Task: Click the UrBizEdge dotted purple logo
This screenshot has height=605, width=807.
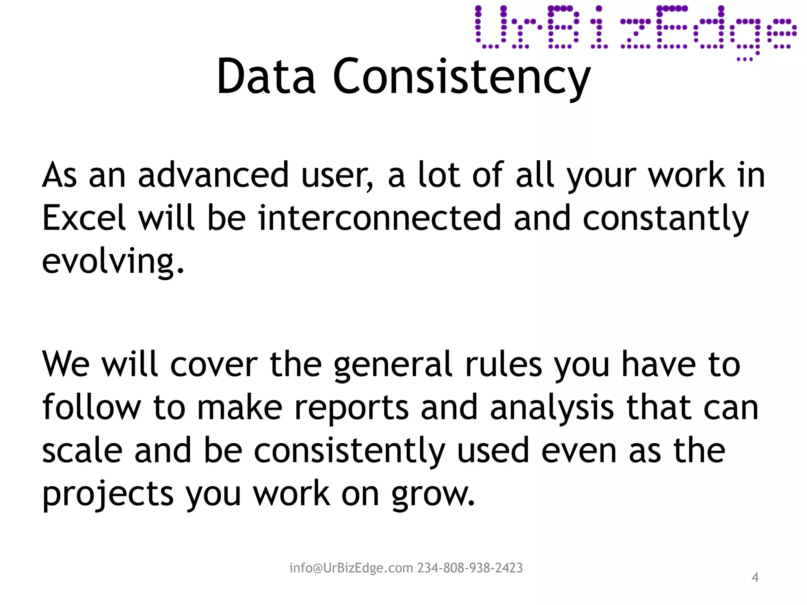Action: coord(635,32)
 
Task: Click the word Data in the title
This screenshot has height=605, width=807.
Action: coord(266,77)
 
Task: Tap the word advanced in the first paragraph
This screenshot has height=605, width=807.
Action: coord(213,175)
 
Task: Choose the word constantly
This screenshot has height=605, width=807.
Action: coord(665,219)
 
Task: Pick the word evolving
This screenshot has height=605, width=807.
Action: coord(112,262)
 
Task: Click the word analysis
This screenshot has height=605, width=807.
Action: coord(552,408)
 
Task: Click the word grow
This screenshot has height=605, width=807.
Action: coord(433,495)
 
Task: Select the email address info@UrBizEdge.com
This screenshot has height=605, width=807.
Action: coord(351,568)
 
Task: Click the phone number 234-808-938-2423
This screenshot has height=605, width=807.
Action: coord(470,568)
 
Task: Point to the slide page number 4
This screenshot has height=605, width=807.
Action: coord(755,577)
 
